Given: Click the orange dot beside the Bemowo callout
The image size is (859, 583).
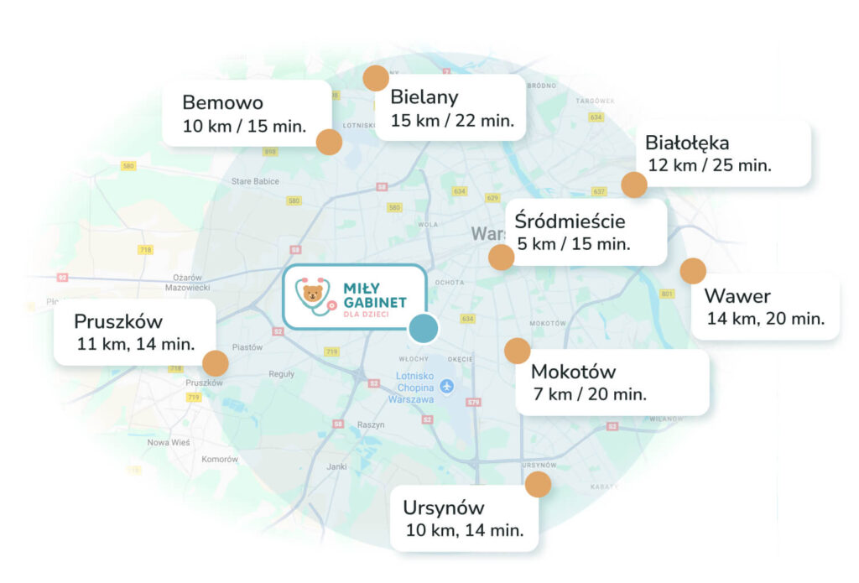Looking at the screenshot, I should (x=329, y=142).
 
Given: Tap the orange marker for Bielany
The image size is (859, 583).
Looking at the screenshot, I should (x=375, y=78).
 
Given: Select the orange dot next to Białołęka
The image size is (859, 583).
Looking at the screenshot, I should (x=634, y=185).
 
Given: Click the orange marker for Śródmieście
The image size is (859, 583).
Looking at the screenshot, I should (x=502, y=258).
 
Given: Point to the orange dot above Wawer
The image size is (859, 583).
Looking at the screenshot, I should (x=693, y=271).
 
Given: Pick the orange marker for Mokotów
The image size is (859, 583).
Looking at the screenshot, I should (x=518, y=351).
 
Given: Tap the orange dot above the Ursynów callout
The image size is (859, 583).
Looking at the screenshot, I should (x=538, y=484).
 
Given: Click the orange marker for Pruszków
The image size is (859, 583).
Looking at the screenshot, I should (x=216, y=363).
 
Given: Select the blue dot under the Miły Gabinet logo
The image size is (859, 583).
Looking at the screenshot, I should (x=424, y=329).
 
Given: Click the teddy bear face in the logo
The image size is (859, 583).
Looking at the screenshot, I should (x=313, y=294).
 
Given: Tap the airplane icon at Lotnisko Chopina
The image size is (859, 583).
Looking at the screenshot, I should (x=446, y=387).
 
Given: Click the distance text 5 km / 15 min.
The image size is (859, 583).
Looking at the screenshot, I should (x=573, y=244).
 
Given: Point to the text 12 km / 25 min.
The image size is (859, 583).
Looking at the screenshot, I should (x=710, y=165).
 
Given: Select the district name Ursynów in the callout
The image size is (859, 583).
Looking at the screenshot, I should (x=444, y=508).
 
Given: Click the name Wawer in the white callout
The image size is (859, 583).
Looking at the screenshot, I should (x=737, y=296).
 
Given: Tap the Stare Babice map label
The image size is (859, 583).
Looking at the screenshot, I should (x=255, y=180).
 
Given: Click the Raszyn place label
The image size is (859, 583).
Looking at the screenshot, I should (x=370, y=425).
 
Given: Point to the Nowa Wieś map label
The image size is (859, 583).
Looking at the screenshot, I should (x=169, y=442).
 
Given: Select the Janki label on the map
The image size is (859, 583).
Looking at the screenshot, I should (x=337, y=466).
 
